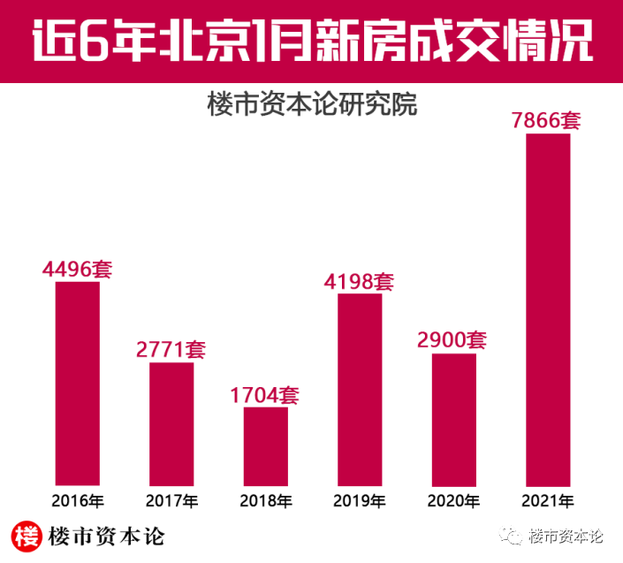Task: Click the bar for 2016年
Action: pos(78,384)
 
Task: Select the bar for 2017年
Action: pos(171,423)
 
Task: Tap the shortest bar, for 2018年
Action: pos(266,445)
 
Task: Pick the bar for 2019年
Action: pos(360,389)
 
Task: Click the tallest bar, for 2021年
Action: pos(548,309)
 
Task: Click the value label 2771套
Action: pos(171,349)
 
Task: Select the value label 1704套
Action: pos(265,394)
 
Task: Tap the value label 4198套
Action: pos(359,282)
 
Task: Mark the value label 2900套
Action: pos(452,340)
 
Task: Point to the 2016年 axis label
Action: pos(78,501)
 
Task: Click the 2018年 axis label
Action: pos(266,501)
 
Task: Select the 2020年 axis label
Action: pos(454,501)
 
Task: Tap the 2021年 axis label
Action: pos(548,501)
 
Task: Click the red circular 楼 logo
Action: pos(29,536)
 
